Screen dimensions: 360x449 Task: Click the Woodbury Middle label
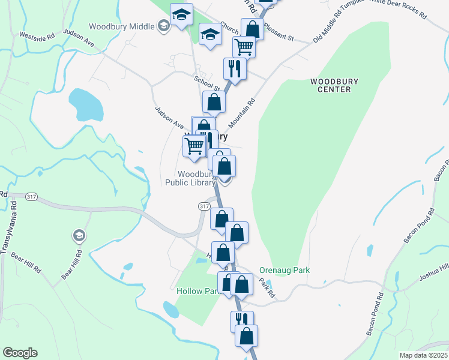[x=122, y=26]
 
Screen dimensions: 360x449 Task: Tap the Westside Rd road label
[x=37, y=35]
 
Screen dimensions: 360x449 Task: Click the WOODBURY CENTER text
[x=330, y=85]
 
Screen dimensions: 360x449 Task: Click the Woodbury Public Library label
[x=190, y=178]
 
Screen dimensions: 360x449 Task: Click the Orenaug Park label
[x=285, y=271]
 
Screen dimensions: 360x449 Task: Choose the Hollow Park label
[x=196, y=291]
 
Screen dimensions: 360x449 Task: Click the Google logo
[x=20, y=353]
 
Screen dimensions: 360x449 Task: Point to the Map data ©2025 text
[x=423, y=355]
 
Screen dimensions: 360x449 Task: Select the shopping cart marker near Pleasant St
[x=244, y=46]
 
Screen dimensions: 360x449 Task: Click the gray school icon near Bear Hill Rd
[x=79, y=236]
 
